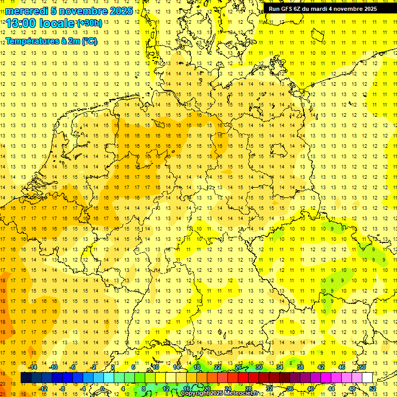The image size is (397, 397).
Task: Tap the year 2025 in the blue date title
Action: (x=120, y=11)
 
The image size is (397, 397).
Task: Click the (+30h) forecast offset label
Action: (x=89, y=23)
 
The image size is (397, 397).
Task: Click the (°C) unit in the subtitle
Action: (x=89, y=41)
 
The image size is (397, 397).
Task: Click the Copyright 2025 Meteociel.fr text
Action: (x=220, y=393)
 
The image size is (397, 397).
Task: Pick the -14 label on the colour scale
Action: (x=33, y=367)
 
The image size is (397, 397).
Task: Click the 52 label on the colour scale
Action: (x=373, y=389)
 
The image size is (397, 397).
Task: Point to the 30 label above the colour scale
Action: (x=258, y=367)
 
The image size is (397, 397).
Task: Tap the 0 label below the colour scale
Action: (x=103, y=389)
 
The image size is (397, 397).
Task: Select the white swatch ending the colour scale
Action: (x=367, y=377)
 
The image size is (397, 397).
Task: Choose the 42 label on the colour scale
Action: (x=320, y=367)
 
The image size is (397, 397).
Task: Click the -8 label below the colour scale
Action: (x=63, y=389)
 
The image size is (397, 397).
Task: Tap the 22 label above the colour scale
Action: (x=218, y=367)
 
